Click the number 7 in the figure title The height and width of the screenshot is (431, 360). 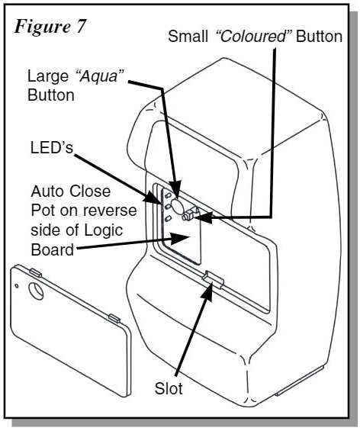coord(79,27)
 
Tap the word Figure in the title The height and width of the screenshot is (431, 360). coord(42,27)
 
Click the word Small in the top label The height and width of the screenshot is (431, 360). coord(188,37)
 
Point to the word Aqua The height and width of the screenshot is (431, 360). coord(99,77)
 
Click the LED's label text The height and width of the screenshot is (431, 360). coord(51,147)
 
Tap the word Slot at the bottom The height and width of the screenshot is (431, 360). coord(169,388)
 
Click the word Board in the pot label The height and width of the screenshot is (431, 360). coord(52,249)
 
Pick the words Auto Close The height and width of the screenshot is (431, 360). coord(71,191)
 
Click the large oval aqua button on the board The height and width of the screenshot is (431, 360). coord(177,206)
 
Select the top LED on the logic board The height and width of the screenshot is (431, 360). coord(168,195)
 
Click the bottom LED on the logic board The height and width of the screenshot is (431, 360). coord(168,219)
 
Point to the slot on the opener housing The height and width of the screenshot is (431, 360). coord(213,279)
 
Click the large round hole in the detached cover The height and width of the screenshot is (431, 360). coord(36,291)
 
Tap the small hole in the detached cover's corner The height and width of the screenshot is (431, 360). coord(17,286)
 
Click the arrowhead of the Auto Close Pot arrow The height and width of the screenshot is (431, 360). coord(180,237)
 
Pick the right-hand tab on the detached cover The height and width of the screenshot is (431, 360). coord(114,318)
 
